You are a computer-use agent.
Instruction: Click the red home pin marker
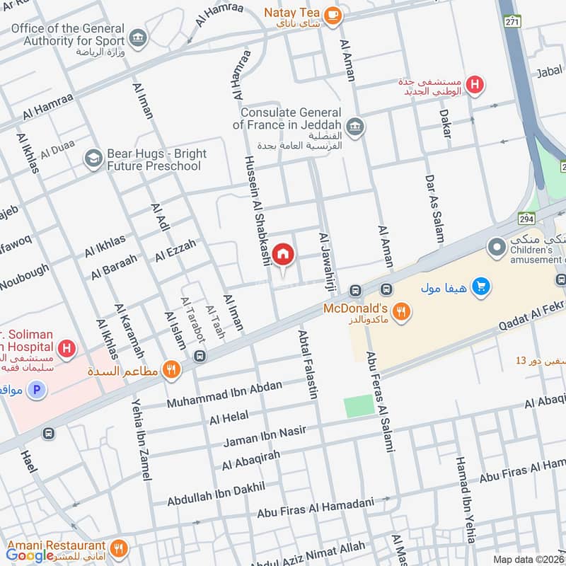pyautogui.click(x=283, y=254)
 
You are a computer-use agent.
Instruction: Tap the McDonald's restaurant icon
pyautogui.click(x=401, y=311)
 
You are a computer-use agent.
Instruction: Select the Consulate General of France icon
pyautogui.click(x=356, y=126)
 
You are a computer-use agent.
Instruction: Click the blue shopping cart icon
pyautogui.click(x=482, y=287)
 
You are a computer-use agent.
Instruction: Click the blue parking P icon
pyautogui.click(x=37, y=388)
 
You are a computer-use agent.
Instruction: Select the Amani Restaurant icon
pyautogui.click(x=120, y=547)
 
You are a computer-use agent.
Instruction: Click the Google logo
pyautogui.click(x=30, y=555)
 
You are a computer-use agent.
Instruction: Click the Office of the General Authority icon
pyautogui.click(x=139, y=37)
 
